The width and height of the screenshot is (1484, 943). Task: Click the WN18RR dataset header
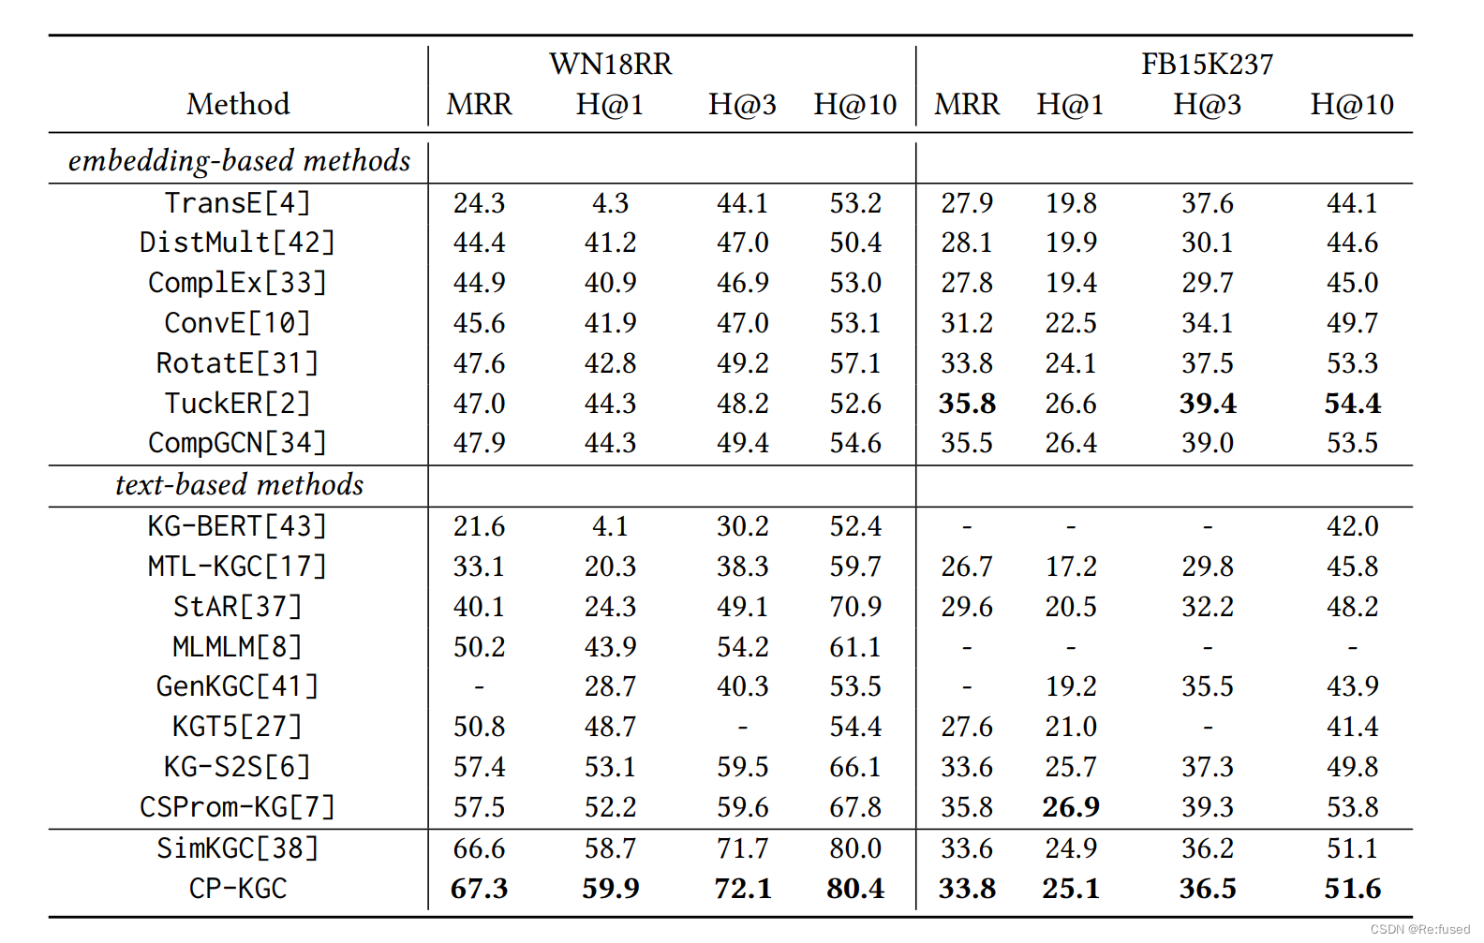pos(610,64)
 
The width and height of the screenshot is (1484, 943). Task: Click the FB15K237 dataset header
pos(1207,64)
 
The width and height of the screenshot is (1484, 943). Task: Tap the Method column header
pos(238,104)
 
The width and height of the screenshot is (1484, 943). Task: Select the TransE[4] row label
pos(237,203)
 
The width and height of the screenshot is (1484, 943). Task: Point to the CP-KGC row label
pos(237,888)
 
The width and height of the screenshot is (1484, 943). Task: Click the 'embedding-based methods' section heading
pos(239,161)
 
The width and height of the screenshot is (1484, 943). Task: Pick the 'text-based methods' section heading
pos(239,485)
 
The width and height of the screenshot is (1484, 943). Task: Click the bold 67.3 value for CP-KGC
pos(479,888)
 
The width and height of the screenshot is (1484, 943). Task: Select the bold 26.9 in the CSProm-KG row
pos(1070,806)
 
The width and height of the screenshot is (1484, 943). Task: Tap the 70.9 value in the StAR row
pos(854,607)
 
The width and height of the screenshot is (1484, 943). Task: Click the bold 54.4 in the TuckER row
pos(1352,404)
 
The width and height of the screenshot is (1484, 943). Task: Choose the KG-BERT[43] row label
pos(237,526)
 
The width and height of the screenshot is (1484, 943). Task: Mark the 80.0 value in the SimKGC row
pos(854,848)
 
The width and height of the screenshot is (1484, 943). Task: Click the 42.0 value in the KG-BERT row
pos(1352,526)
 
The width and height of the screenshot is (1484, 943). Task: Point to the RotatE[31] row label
pos(237,363)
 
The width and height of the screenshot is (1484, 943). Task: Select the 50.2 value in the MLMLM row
pos(479,647)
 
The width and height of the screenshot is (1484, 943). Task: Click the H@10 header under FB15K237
pos(1351,104)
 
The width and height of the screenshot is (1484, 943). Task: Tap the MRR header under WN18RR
pos(479,104)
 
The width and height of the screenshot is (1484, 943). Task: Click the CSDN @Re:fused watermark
pos(1419,929)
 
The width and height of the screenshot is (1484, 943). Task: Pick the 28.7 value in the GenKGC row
pos(610,686)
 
